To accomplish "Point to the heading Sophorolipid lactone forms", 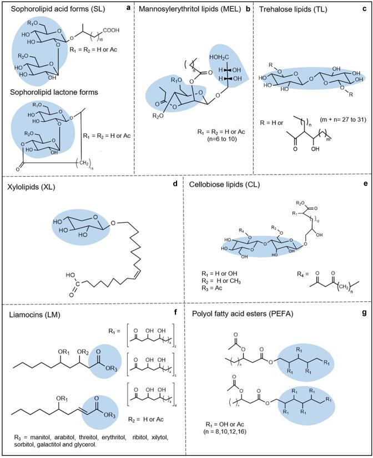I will click(48, 93).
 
